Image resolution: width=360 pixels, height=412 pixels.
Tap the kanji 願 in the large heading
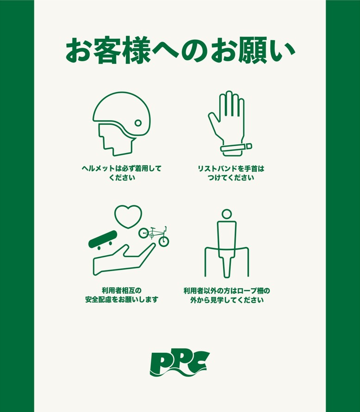251,51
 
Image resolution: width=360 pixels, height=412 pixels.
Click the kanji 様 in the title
136,51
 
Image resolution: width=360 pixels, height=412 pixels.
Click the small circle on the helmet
138,123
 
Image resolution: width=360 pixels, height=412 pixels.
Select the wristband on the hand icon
236,148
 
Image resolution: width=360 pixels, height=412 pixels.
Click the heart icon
128,216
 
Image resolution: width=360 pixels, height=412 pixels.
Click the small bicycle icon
154,235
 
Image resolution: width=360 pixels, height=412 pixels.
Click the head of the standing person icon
227,214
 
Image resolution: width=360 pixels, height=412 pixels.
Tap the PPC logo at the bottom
180,363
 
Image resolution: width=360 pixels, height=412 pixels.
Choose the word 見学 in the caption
218,300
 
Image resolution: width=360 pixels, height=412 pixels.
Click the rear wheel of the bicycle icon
144,233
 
